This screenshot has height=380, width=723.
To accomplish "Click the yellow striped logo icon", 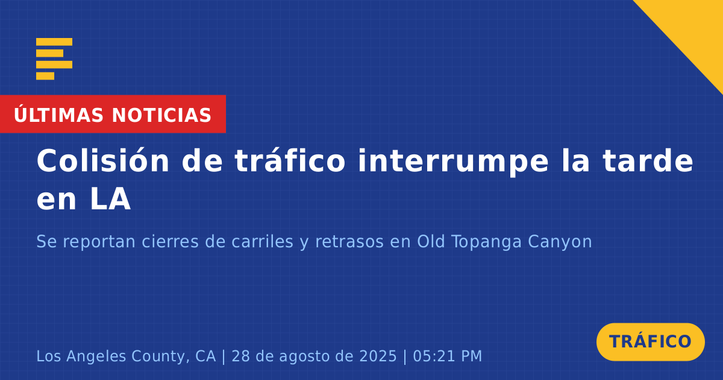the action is click(x=54, y=59).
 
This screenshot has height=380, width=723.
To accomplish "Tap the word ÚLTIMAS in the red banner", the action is click(x=59, y=115).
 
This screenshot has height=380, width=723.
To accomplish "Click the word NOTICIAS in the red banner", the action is click(x=161, y=115).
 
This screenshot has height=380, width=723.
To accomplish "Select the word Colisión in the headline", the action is click(x=103, y=160).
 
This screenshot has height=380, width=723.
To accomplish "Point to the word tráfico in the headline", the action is click(x=290, y=160).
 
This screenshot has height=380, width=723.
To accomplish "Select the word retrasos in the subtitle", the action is click(x=349, y=242).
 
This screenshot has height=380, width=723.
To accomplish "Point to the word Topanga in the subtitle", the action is click(x=486, y=242).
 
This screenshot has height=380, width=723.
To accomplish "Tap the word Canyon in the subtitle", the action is click(x=560, y=242).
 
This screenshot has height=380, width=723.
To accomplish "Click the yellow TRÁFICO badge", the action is click(x=651, y=342).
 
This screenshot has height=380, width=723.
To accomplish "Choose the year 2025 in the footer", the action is click(x=378, y=356).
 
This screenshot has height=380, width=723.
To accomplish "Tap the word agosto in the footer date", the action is click(x=305, y=356).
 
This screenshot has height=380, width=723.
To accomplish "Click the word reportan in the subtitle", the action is click(x=99, y=242).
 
